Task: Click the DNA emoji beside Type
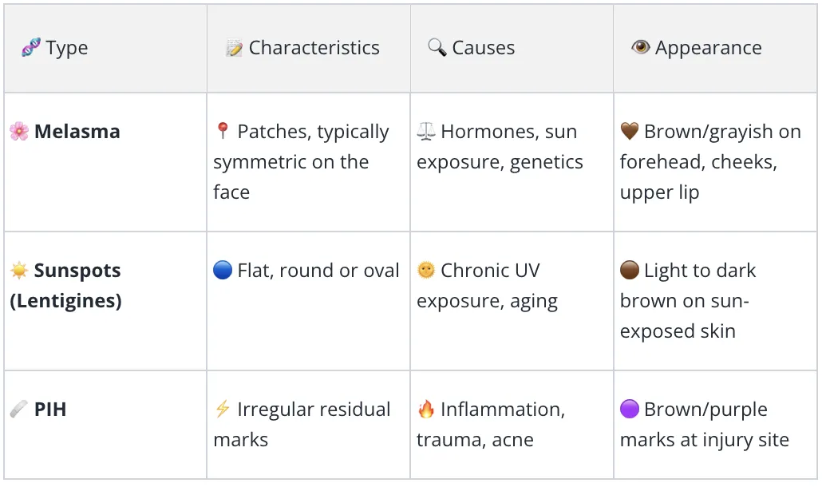click(31, 47)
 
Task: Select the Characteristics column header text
click(314, 48)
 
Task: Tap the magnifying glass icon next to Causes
click(437, 47)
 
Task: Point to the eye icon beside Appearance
click(641, 47)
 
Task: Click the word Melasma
click(77, 132)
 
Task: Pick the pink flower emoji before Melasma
click(19, 131)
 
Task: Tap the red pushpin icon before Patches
click(223, 131)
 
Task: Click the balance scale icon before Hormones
click(425, 131)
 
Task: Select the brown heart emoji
click(630, 131)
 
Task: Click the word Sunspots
click(77, 271)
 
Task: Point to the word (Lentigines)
click(65, 301)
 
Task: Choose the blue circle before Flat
click(223, 270)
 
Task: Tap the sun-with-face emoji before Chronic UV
click(426, 270)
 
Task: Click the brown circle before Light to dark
click(630, 270)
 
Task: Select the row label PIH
click(50, 410)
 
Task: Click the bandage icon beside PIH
click(19, 409)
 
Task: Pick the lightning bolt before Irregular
click(223, 409)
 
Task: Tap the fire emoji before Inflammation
click(426, 409)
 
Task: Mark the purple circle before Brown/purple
click(630, 409)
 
